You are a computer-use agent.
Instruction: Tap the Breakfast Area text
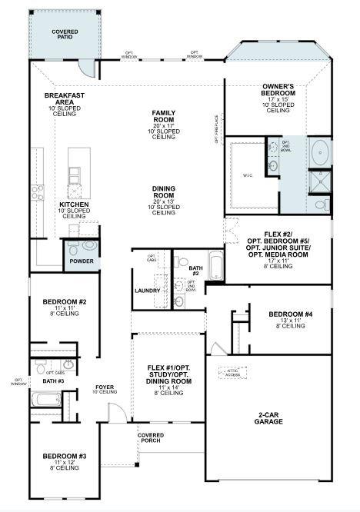coord(64,102)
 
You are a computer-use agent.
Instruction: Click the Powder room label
coord(82,261)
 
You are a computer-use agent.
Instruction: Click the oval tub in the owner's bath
coord(319,151)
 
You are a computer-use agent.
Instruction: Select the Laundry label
coord(147,291)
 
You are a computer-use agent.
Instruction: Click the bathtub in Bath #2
coord(215,268)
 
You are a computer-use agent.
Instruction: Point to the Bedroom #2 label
coord(65,305)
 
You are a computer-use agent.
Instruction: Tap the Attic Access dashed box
coord(232,371)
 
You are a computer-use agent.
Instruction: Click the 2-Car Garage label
coord(274,419)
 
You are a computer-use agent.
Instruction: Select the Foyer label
coord(105,389)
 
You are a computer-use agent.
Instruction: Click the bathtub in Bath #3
coord(45,399)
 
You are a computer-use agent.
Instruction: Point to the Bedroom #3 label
coord(65,461)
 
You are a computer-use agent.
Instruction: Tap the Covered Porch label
coord(151,438)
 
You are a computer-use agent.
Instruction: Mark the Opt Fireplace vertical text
coord(216,130)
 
